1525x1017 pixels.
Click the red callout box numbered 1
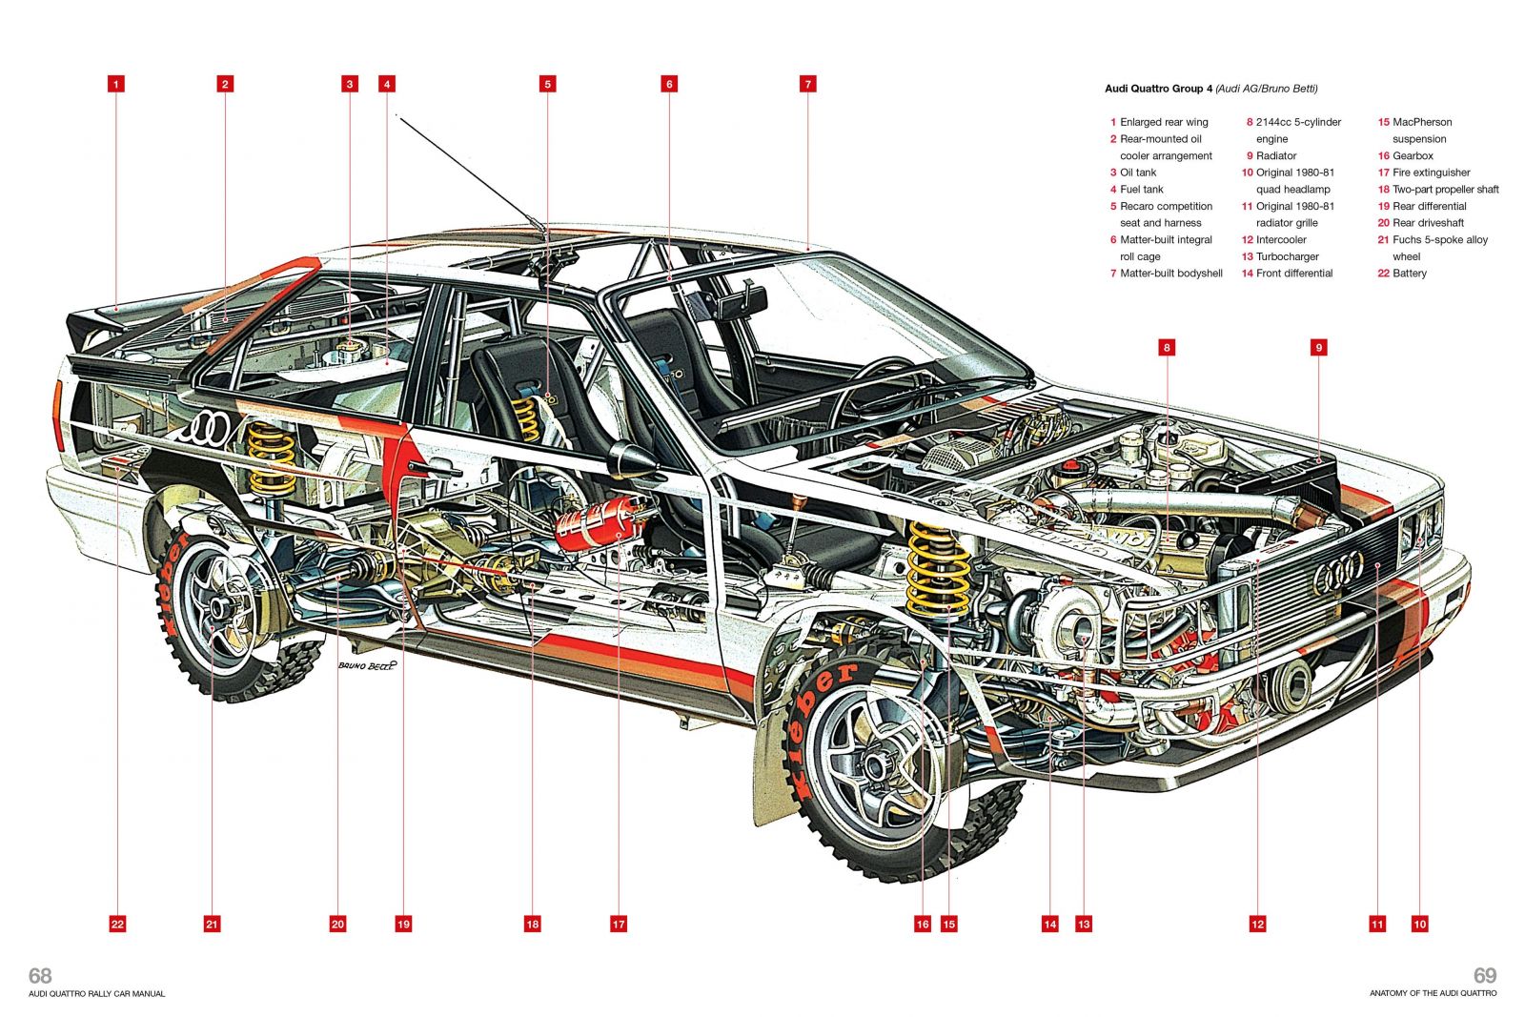tap(116, 84)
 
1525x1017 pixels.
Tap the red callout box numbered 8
tap(1167, 348)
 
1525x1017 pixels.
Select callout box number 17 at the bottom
tap(619, 924)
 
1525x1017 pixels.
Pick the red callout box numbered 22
tap(117, 924)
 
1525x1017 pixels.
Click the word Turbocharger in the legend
tap(1287, 256)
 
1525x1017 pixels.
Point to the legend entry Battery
tap(1409, 274)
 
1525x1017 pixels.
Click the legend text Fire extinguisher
tap(1431, 173)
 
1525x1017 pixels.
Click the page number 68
tap(40, 975)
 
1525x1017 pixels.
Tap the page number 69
tap(1484, 975)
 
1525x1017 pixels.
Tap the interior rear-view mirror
tap(744, 304)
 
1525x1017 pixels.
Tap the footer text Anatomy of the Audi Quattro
tap(1433, 993)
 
